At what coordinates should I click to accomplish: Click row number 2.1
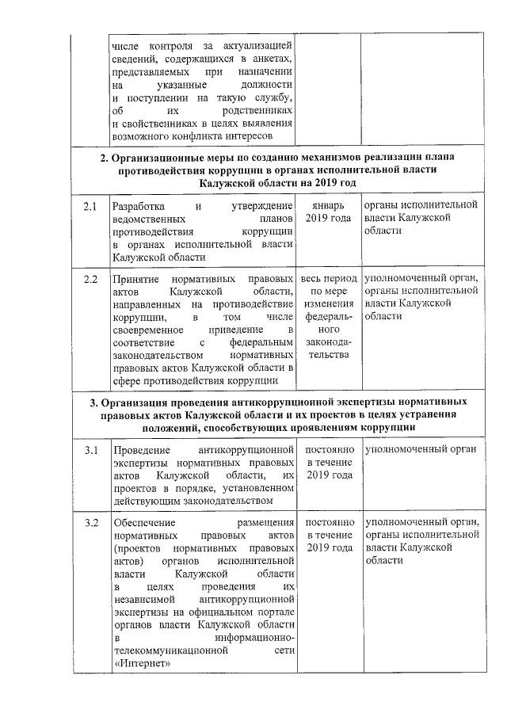coord(90,208)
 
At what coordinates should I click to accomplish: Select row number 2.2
coord(90,280)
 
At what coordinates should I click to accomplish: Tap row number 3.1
coord(90,450)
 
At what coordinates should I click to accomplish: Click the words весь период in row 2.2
coord(328,280)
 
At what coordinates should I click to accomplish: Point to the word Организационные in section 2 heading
coord(159,158)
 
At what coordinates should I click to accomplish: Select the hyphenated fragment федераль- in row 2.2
coord(328,316)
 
